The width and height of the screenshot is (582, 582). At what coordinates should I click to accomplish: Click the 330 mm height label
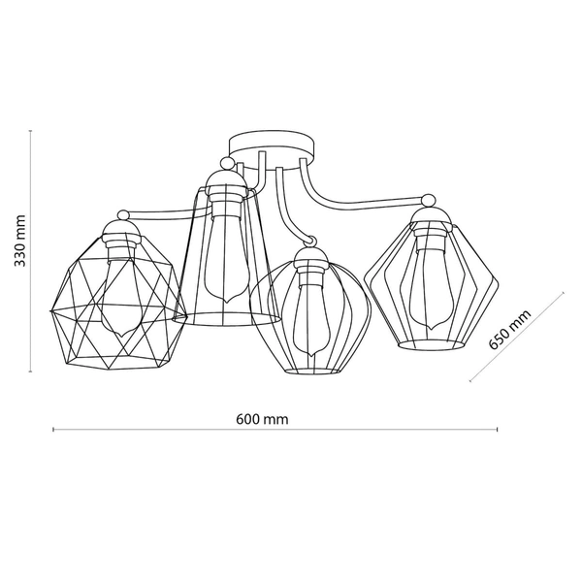point(20,241)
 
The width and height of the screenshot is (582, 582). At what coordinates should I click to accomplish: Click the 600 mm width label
point(262,419)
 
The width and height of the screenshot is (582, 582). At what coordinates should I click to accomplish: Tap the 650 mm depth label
point(510,330)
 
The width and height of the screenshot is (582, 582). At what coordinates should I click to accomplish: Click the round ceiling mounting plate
point(272,146)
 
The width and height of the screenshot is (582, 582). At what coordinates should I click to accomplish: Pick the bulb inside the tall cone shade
point(225,260)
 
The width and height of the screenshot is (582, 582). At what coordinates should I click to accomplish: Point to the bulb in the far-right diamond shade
point(432,288)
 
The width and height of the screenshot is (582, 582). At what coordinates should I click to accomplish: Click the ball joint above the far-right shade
point(429,200)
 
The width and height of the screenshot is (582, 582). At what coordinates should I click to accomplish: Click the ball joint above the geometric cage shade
point(123,215)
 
